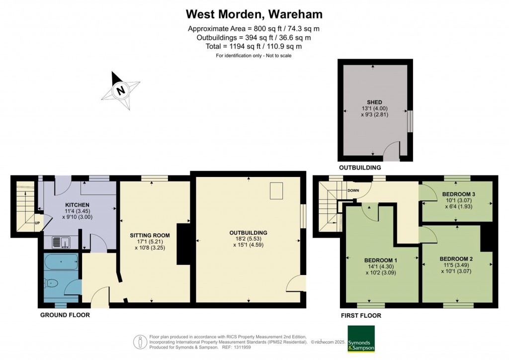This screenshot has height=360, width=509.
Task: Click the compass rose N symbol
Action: tap(121, 90)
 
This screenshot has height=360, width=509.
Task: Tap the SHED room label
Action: tap(374, 102)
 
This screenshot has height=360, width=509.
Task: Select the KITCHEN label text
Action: tap(77, 205)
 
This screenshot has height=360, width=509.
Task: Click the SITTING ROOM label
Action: tap(150, 235)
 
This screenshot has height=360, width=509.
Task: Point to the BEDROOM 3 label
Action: tap(459, 194)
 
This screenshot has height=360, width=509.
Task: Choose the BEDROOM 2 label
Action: tap(456, 259)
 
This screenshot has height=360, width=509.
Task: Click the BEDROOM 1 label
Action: tap(380, 260)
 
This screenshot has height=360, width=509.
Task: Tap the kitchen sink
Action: tap(61, 242)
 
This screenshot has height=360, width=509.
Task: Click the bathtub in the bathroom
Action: tap(61, 262)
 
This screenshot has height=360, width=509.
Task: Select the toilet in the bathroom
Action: tap(51, 284)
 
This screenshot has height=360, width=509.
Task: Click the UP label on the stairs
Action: tap(37, 223)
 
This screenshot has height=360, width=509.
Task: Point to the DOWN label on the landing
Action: tap(353, 190)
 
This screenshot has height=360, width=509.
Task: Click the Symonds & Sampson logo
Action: tap(361, 339)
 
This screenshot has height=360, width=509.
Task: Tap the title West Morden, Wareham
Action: tap(254, 14)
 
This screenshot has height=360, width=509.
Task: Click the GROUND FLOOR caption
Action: tap(65, 315)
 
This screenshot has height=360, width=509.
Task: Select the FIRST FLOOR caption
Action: tap(361, 316)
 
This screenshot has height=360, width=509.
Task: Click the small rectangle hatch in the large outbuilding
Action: tap(276, 190)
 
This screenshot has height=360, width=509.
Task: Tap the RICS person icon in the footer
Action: tap(140, 342)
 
